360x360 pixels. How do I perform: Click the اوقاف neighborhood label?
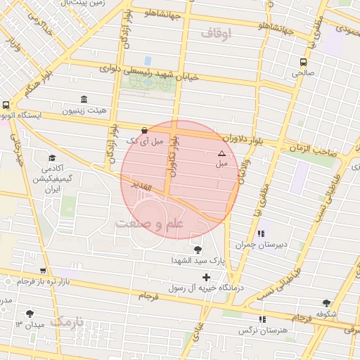coord(216,33)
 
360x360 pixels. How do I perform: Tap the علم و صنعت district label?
coord(148,224)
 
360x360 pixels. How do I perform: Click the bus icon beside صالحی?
coord(303,61)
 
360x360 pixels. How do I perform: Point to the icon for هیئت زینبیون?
coord(84,99)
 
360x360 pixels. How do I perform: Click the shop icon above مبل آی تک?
coord(145,130)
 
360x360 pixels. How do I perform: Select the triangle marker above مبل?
coord(221,153)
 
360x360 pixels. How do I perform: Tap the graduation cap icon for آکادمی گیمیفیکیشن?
coord(51,158)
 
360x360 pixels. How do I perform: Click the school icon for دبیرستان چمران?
coord(261,233)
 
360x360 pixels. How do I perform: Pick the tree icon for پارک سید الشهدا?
coord(196,248)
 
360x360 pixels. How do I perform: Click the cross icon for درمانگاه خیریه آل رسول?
coord(206,277)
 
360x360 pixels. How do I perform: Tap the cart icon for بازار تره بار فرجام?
coord(43,270)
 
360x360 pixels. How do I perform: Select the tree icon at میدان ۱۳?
coord(30,314)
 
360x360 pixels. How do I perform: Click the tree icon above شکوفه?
coord(325,302)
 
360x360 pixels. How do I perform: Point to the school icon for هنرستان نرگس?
coord(263,319)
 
